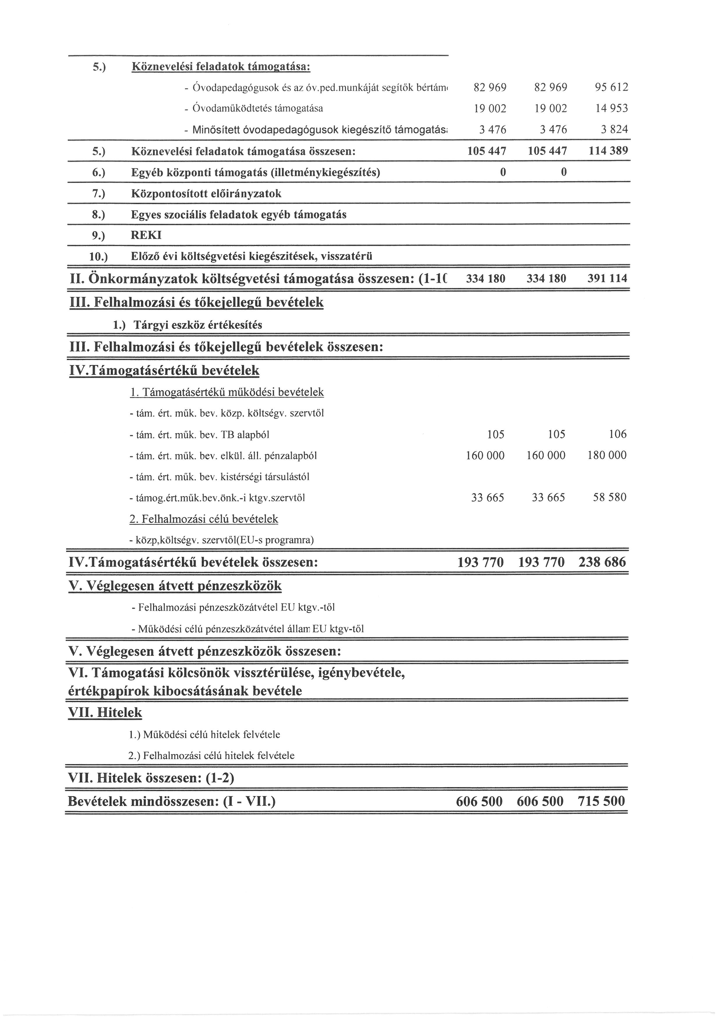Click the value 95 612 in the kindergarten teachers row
[x=611, y=88]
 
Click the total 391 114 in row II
[x=607, y=279]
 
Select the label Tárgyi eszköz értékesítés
[x=198, y=325]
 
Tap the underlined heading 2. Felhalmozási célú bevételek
[x=204, y=519]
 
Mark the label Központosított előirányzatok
[x=206, y=194]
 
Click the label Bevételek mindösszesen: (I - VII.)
[x=171, y=802]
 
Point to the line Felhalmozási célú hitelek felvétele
[x=212, y=756]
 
